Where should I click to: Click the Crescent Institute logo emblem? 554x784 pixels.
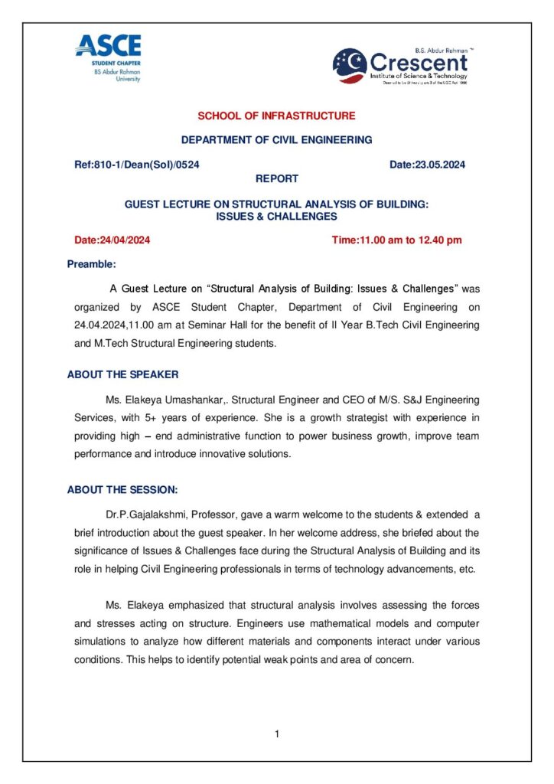pos(350,66)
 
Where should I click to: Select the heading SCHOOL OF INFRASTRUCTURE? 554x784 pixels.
pos(276,116)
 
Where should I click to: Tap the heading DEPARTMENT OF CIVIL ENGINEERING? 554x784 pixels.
pos(276,140)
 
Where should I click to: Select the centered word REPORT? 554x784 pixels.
pos(276,178)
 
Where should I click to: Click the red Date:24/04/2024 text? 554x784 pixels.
pos(112,240)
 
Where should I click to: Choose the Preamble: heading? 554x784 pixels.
pos(91,264)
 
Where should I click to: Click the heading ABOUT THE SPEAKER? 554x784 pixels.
pos(122,374)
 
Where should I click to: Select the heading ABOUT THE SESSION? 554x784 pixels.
pos(122,490)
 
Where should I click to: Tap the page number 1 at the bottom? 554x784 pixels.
pos(276,735)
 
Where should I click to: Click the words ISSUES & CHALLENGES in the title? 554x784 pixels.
pos(276,217)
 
